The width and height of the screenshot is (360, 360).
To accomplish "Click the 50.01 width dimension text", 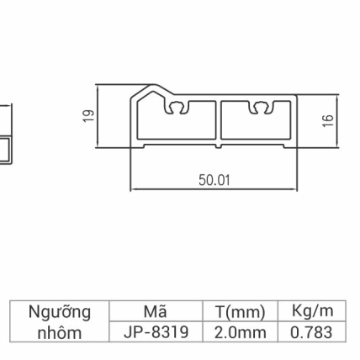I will pos(214,180).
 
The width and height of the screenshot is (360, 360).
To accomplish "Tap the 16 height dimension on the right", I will pos(328,121).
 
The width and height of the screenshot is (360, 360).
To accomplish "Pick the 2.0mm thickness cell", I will pos(240,332).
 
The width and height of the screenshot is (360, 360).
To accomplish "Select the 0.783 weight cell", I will pos(311,332).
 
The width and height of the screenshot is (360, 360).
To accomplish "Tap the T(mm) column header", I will pos(240,312).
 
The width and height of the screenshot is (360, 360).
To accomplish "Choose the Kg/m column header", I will pos(311,312).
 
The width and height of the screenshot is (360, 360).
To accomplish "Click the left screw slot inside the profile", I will pos(177,108).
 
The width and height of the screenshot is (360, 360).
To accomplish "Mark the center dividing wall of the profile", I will pos(216,122).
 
